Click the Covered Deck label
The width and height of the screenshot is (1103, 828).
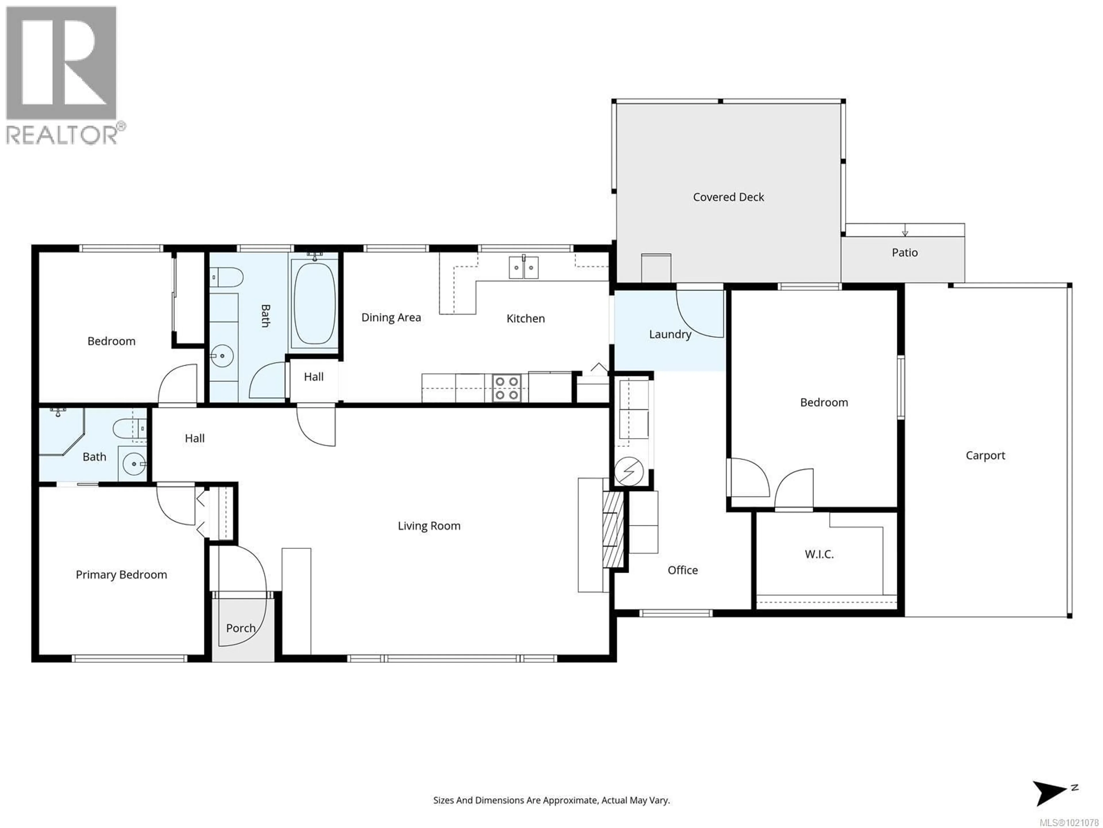pyautogui.click(x=728, y=197)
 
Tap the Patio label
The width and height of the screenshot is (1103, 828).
pyautogui.click(x=905, y=252)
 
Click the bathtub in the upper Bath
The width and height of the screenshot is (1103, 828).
pyautogui.click(x=314, y=303)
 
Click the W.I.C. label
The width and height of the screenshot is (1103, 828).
pyautogui.click(x=819, y=554)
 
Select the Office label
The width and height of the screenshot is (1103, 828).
pyautogui.click(x=683, y=570)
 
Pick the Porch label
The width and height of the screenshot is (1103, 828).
pyautogui.click(x=241, y=628)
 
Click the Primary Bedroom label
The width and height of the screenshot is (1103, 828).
pyautogui.click(x=121, y=574)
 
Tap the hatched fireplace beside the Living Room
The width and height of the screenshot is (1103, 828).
pyautogui.click(x=613, y=529)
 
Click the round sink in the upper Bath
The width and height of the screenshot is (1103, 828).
pyautogui.click(x=222, y=356)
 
